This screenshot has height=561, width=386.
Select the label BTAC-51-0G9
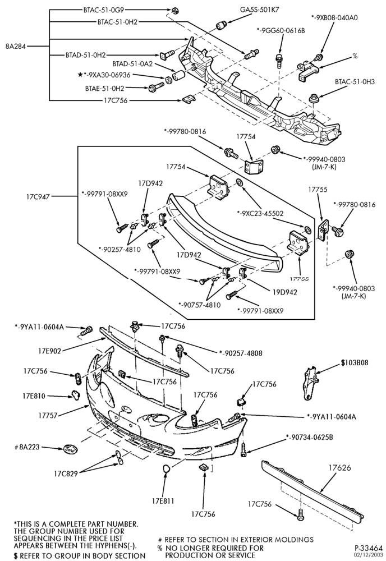tap(104, 10)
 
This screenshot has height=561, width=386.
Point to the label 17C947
tap(38, 196)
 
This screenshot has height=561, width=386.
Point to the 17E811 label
tap(163, 501)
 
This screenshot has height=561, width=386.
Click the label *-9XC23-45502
tap(260, 214)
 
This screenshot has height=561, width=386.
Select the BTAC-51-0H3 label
tap(355, 81)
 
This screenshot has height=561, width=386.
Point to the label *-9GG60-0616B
tap(281, 31)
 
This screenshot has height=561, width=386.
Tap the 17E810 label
tap(34, 396)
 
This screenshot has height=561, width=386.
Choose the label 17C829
tap(66, 474)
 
